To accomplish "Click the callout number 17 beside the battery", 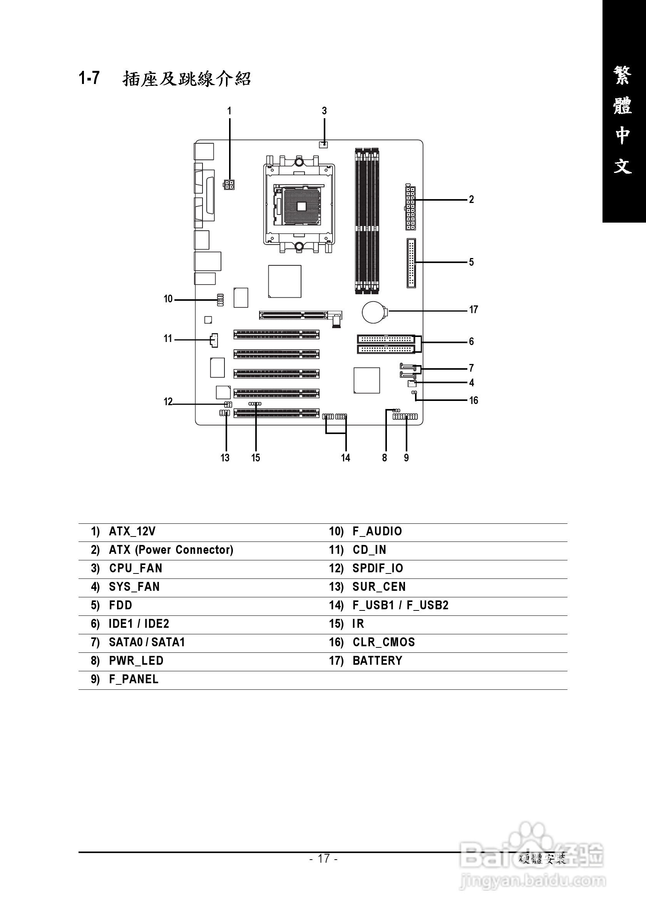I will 473,310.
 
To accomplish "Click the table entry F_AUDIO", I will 377,531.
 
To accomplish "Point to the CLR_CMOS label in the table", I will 384,642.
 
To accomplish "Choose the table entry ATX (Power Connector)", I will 171,550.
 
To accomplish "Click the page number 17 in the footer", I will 323,858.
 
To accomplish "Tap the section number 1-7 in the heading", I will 89,78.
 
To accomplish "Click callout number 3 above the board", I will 324,111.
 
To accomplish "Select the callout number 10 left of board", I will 168,299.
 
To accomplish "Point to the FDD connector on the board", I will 411,263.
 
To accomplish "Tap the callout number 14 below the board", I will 345,458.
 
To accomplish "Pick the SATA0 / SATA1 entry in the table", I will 147,642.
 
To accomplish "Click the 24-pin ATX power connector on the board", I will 410,208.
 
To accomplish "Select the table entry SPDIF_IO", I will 378,568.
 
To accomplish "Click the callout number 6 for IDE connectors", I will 472,342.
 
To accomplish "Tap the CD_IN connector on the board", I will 214,340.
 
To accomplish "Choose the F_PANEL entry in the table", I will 134,679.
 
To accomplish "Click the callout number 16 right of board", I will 473,401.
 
